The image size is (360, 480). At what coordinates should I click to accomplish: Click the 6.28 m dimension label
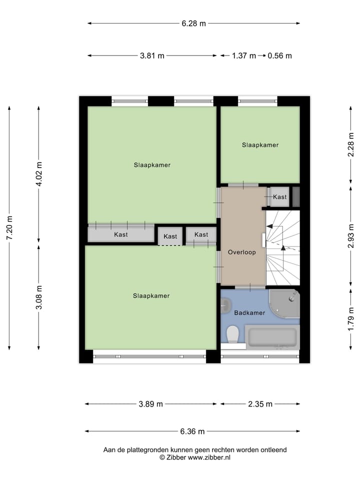193,23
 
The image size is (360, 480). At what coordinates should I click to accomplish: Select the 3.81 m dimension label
152,55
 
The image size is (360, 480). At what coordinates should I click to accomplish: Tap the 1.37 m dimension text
243,55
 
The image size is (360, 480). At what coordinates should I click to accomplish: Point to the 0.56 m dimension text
279,55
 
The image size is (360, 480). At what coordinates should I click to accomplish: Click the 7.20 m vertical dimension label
9,227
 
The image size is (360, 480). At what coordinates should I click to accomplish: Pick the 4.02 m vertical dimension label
39,175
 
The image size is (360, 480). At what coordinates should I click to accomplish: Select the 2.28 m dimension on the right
351,144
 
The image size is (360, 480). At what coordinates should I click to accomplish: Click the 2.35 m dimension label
260,404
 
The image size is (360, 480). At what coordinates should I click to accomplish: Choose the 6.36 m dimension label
192,431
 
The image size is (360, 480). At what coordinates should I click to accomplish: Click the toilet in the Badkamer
232,333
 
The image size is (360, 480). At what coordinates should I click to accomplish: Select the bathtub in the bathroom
273,337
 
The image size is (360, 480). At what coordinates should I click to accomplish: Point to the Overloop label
242,252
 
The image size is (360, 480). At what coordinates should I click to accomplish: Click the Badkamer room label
249,313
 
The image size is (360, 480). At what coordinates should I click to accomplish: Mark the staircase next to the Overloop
282,247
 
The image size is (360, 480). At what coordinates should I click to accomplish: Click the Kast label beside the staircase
280,197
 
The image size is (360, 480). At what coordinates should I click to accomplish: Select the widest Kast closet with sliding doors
120,234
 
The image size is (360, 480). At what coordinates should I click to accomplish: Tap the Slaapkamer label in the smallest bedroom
260,145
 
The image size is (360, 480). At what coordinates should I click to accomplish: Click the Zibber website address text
204,457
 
